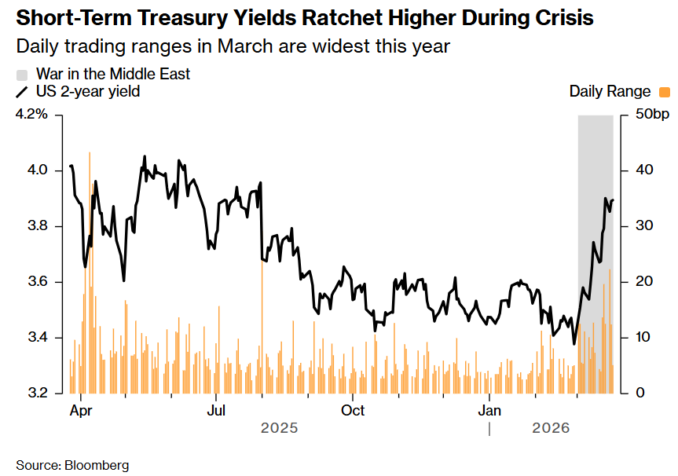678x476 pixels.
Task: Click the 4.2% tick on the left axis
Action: pos(32,115)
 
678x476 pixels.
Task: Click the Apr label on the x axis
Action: pos(80,410)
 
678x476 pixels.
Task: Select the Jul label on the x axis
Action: pos(217,410)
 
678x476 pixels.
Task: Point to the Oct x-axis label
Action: pos(353,410)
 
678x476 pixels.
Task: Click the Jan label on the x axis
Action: pos(489,410)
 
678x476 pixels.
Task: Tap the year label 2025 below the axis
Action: pos(279,428)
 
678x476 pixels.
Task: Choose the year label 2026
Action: pos(551,428)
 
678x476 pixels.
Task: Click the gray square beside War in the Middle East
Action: pos(22,75)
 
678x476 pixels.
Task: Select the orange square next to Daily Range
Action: pos(665,92)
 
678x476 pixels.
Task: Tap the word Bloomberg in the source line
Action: pos(97,465)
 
